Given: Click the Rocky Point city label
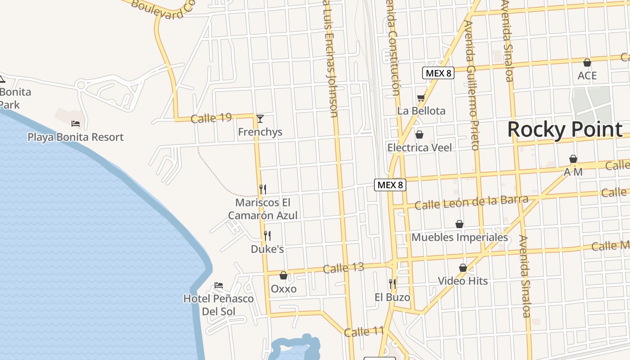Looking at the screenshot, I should (x=565, y=130).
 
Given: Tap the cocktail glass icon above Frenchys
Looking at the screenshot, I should (x=260, y=119).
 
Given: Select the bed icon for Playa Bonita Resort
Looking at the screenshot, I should (x=76, y=124).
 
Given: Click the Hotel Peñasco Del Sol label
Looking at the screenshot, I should (x=219, y=305).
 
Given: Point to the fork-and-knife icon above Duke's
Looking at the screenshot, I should (x=267, y=235).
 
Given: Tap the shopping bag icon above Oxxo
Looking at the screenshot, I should (x=283, y=275).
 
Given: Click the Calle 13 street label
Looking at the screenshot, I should (x=343, y=268).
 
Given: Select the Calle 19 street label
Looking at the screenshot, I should (x=211, y=118).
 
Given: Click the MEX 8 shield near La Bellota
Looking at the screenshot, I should (x=438, y=73).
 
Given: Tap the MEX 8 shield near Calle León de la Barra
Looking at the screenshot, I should (x=390, y=184).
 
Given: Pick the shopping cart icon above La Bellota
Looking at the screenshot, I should (x=421, y=98).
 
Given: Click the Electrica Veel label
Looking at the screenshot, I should (x=419, y=148).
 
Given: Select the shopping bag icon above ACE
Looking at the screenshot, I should (x=587, y=63).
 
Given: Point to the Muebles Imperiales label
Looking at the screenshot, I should (x=459, y=237).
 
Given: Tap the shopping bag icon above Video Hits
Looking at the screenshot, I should (x=463, y=268).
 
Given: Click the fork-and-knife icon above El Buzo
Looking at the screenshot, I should (x=392, y=283).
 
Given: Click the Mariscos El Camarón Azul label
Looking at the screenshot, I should (x=263, y=209).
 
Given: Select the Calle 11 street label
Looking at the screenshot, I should (x=364, y=332).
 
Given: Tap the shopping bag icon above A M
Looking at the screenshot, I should (x=573, y=159).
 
